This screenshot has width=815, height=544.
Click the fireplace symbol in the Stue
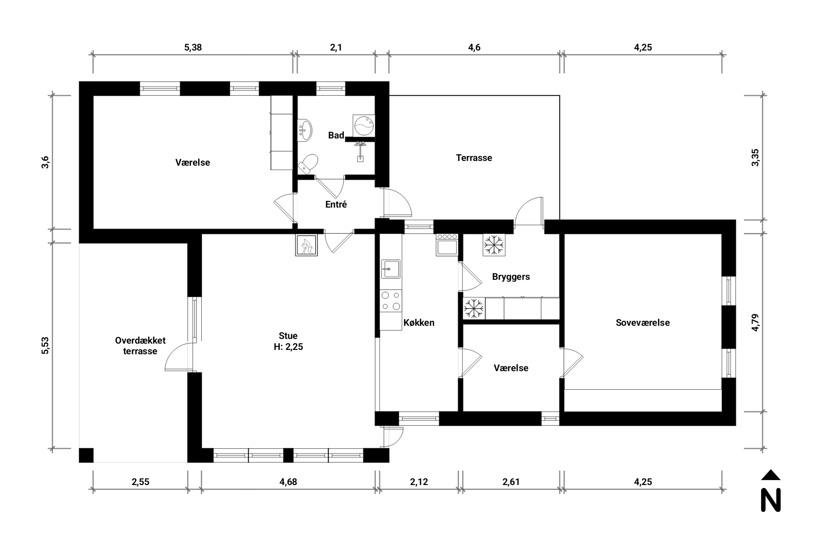tap(306, 245)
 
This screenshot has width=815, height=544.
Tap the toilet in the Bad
tap(308, 164)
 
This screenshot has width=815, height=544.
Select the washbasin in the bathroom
tap(305, 130)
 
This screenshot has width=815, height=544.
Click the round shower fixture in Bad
tap(364, 125)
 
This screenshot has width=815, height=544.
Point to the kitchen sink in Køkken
tap(391, 269)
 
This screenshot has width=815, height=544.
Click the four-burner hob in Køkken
tap(391, 301)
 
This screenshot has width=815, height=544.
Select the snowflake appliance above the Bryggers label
tap(494, 245)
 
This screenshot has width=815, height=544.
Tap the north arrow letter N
tap(771, 500)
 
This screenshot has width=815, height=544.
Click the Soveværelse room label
tap(643, 323)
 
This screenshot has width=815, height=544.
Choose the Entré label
tap(336, 204)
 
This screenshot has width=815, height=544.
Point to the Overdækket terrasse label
tap(140, 345)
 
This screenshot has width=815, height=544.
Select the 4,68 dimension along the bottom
tap(288, 482)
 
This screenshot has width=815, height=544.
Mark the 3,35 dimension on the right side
tap(756, 157)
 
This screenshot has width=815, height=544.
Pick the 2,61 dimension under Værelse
tap(511, 482)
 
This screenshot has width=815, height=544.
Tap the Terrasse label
tap(474, 158)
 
